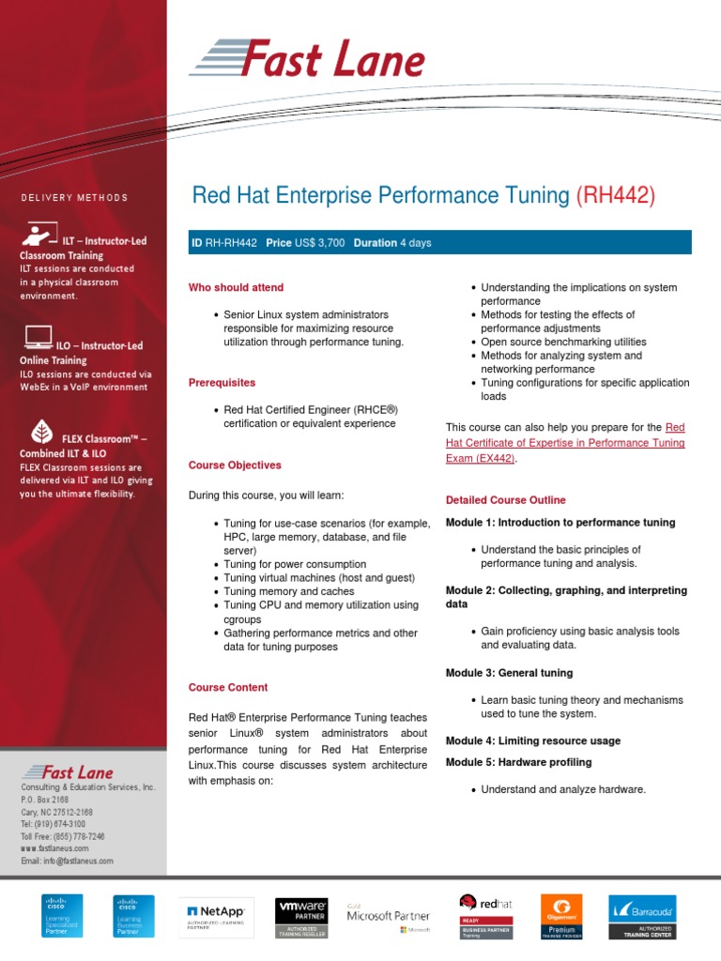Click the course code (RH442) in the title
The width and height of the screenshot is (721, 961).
(x=615, y=196)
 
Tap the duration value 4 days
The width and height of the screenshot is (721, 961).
(x=416, y=243)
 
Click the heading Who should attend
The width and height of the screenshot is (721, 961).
(x=236, y=287)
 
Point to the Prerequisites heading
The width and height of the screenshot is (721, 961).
(x=222, y=383)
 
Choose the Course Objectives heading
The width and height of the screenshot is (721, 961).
(x=235, y=465)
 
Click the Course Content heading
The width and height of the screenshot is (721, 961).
(x=228, y=687)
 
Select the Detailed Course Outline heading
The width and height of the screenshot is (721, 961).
(x=505, y=500)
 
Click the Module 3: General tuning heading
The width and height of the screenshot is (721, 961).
(x=509, y=673)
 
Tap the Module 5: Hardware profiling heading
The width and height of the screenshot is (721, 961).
(x=518, y=762)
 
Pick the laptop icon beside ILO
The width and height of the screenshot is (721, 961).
(x=38, y=335)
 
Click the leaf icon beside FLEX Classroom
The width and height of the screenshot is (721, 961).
(x=41, y=433)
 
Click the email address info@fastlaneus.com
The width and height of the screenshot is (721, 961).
(x=67, y=861)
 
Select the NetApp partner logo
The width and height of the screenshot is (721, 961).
(x=217, y=916)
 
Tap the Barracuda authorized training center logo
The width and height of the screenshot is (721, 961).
(x=642, y=916)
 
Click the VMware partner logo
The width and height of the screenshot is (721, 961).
(x=301, y=916)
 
